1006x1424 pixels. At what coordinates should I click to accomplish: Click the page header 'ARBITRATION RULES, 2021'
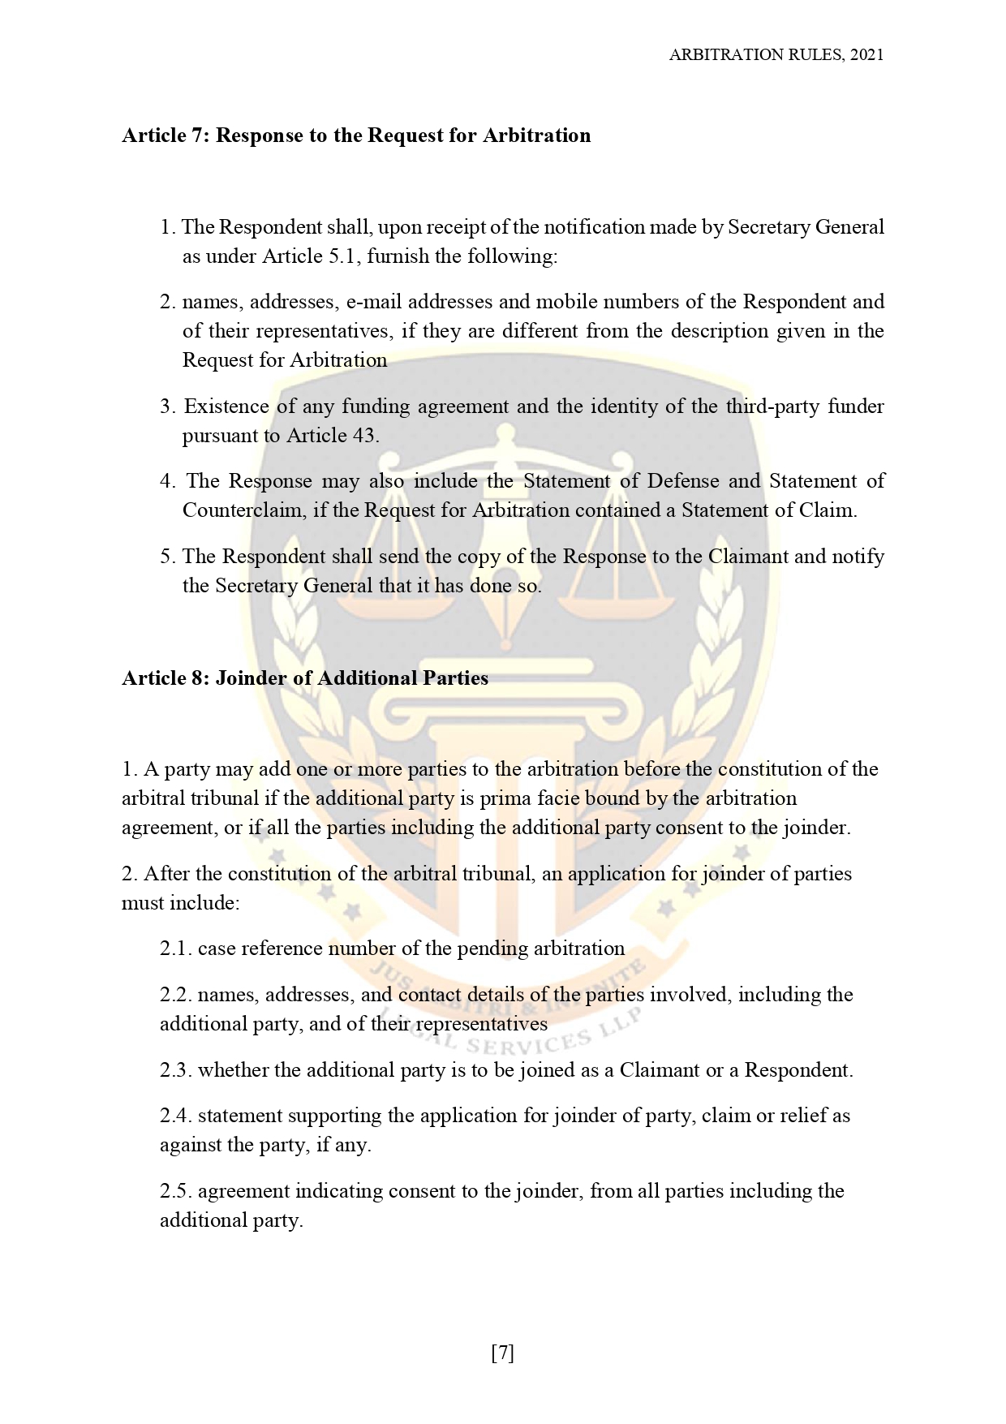(776, 55)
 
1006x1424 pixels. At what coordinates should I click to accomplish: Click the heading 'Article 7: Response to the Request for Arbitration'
(356, 136)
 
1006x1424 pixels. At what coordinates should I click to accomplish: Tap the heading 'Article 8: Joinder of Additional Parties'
(305, 678)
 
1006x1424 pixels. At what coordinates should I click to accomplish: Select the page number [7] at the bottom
(503, 1353)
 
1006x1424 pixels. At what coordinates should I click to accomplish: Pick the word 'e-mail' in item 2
(375, 302)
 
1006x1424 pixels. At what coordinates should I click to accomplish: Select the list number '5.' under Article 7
(168, 557)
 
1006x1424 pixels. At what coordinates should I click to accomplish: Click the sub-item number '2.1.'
(175, 949)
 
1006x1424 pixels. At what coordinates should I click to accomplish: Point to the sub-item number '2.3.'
(175, 1070)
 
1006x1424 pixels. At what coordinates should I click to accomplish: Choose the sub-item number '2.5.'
(175, 1191)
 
